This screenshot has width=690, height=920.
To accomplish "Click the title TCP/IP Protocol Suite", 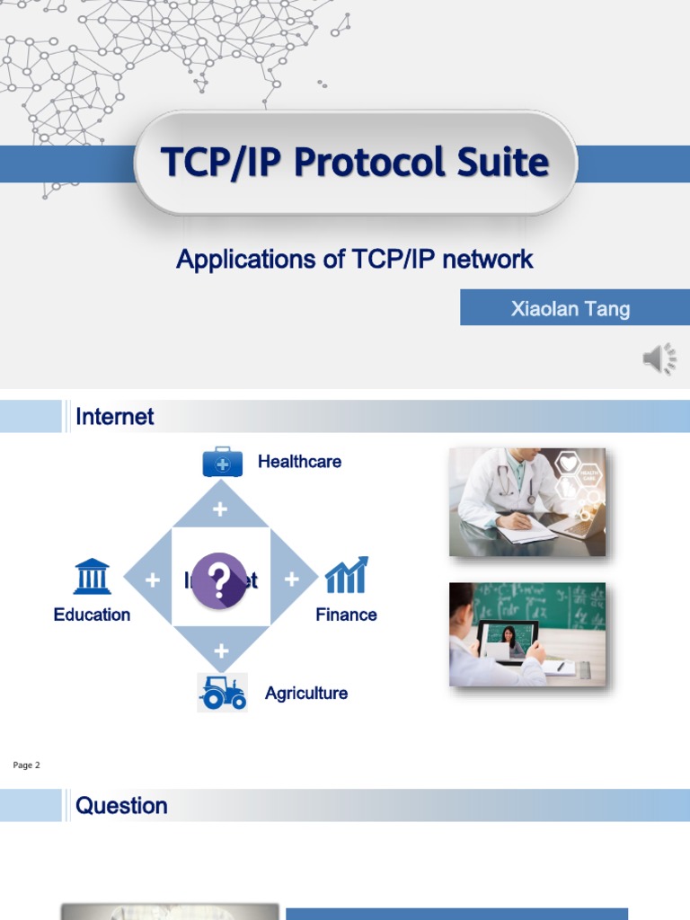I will tap(355, 163).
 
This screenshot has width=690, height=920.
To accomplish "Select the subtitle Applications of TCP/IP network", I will tap(355, 260).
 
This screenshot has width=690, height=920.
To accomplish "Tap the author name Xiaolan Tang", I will tap(571, 309).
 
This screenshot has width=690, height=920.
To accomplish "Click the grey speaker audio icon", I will tap(659, 359).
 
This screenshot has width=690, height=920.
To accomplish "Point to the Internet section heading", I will tap(115, 417).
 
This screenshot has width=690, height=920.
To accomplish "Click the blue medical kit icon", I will tap(222, 462).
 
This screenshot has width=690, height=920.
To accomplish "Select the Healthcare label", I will tap(299, 462).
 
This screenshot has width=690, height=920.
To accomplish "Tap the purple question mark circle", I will tap(219, 580).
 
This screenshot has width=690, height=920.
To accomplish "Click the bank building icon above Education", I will tap(92, 577).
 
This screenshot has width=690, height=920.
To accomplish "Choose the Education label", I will tap(92, 615).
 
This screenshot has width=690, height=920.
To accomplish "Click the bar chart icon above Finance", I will tap(346, 575).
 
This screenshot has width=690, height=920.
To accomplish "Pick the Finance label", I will tap(346, 615).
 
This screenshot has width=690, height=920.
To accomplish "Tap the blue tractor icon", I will tap(222, 693).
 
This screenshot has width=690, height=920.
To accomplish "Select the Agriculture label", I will tap(305, 694).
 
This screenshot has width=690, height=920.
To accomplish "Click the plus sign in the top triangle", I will tap(220, 510).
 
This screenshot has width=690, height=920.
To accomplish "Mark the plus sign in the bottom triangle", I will tap(221, 650).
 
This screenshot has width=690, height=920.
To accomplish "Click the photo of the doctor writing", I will tap(527, 501).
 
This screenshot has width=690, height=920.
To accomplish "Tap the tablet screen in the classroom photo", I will tap(509, 640).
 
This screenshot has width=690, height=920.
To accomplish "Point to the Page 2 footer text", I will tap(27, 765).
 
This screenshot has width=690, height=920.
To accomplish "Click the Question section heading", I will tap(121, 806).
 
